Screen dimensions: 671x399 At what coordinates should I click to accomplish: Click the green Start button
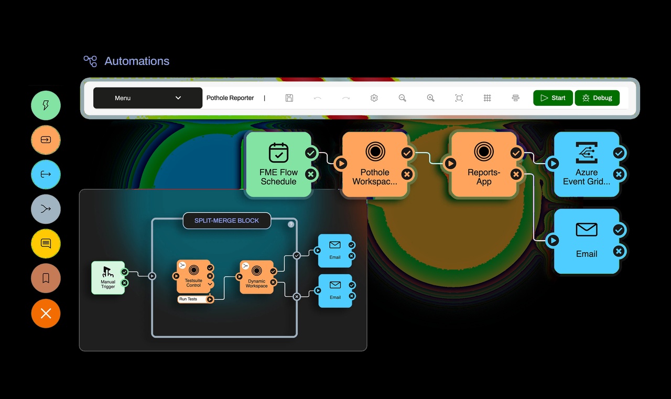click(553, 98)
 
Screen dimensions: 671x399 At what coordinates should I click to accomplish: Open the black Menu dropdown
click(148, 98)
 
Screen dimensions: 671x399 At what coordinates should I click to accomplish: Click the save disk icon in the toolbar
click(289, 98)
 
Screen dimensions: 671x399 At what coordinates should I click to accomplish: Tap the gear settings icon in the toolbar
click(374, 98)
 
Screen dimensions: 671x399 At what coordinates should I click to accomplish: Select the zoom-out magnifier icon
click(402, 98)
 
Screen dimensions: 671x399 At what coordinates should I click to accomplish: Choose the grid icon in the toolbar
click(488, 98)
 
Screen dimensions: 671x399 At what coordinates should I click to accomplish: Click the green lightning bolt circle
click(46, 105)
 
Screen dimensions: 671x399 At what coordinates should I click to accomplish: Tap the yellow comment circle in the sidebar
click(46, 243)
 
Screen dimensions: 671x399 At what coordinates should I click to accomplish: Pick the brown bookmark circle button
click(46, 278)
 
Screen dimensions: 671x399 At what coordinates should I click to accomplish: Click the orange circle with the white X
click(46, 314)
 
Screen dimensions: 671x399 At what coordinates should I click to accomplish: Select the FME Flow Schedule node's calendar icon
click(278, 153)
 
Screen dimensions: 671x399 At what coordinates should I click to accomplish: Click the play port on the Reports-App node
click(450, 164)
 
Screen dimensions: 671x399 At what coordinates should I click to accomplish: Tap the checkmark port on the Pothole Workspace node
click(407, 153)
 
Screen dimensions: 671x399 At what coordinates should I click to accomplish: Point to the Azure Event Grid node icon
click(587, 153)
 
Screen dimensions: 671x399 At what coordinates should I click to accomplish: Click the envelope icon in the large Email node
click(587, 230)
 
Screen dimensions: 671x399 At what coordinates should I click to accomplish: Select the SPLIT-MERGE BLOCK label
click(227, 220)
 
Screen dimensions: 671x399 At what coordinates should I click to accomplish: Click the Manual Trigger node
click(108, 278)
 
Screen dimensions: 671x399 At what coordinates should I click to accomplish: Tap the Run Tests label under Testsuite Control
click(188, 299)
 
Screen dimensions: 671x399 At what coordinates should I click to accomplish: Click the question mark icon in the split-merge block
click(291, 224)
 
